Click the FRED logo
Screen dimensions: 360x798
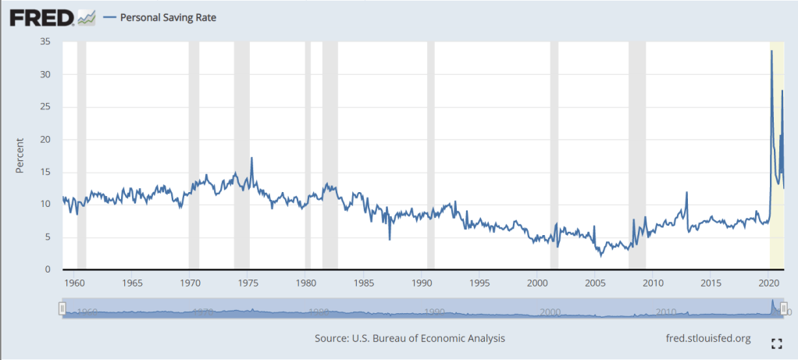coord(41,16)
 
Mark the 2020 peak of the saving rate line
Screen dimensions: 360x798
coord(771,52)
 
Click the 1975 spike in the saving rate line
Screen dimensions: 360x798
coord(251,158)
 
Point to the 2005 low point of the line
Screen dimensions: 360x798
coord(600,255)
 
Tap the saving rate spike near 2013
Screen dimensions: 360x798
coord(686,192)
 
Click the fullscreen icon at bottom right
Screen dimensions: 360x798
coord(776,343)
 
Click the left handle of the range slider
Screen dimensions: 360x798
coord(62,310)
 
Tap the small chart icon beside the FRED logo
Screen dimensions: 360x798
coord(87,17)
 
